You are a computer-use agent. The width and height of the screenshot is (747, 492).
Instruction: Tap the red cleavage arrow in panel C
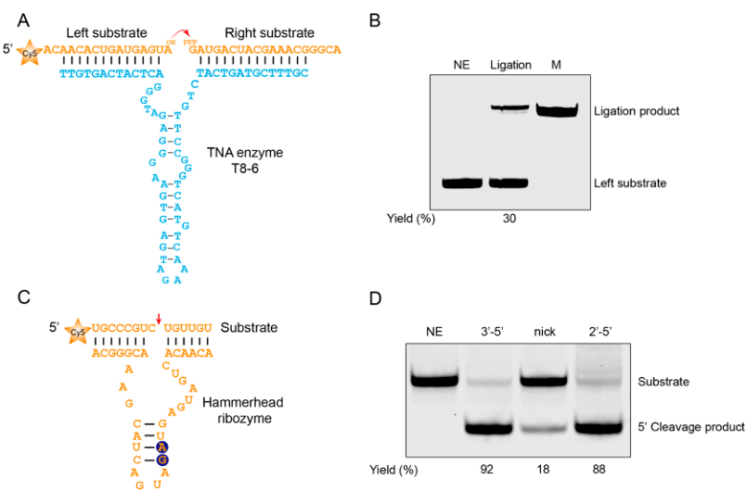pos(158,320)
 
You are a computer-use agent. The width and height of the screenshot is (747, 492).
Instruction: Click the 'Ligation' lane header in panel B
pos(509,65)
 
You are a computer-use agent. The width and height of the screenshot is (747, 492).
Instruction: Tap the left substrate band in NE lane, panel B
pos(461,183)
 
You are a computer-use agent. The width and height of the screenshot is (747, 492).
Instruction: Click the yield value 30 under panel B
pos(509,219)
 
